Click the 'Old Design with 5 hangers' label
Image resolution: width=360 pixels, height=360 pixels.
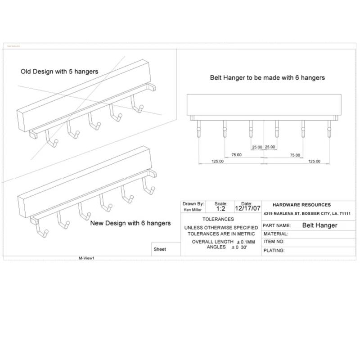[x=59, y=71]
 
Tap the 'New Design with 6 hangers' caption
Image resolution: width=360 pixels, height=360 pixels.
[x=130, y=223]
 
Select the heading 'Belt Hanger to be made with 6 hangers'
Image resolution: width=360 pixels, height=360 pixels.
[x=267, y=77]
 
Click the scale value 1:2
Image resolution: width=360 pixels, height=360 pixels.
[x=221, y=209]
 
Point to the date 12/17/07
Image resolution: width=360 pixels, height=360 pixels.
[x=247, y=209]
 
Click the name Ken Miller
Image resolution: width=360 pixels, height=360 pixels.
[x=193, y=210]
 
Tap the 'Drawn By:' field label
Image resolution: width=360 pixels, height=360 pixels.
[x=193, y=204]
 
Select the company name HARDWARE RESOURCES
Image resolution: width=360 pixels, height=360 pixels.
[x=302, y=205]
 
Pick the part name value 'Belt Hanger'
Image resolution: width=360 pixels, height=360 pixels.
[x=319, y=225]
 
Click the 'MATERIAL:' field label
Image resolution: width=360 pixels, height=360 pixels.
[x=276, y=234]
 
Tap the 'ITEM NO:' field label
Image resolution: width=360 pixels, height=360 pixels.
[x=274, y=242]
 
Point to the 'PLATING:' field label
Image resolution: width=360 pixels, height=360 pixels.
[x=274, y=250]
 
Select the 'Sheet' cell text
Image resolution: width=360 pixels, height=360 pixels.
[x=160, y=249]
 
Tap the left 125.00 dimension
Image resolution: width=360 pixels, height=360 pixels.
[x=218, y=161]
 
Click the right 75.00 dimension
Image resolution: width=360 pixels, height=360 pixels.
[x=295, y=155]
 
